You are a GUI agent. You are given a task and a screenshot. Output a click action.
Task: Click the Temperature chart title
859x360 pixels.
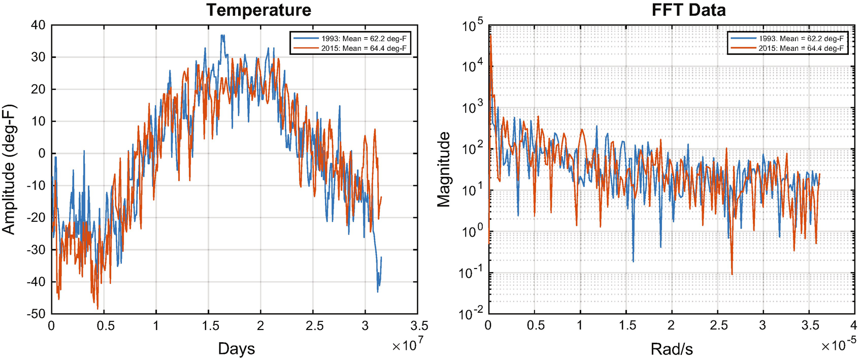click(x=258, y=10)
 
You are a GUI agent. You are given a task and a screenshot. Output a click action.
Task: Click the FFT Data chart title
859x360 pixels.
click(x=688, y=10)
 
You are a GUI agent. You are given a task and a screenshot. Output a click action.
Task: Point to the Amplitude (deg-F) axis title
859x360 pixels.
click(x=10, y=170)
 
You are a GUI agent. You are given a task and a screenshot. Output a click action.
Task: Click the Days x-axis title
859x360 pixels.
click(x=236, y=349)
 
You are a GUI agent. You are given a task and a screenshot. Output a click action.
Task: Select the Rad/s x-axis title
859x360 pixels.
click(x=672, y=349)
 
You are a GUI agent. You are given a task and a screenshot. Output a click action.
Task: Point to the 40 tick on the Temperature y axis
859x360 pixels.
click(x=38, y=25)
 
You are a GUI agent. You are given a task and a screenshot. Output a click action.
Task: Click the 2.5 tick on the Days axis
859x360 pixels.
click(x=314, y=326)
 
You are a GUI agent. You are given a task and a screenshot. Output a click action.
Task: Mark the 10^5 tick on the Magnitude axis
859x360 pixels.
click(x=473, y=25)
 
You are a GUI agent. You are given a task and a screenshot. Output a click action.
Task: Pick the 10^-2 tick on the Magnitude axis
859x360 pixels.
click(x=472, y=314)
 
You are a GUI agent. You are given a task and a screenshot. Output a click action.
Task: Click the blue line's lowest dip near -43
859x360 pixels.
click(x=378, y=291)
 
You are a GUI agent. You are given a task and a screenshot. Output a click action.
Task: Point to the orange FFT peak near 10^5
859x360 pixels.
click(x=490, y=35)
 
